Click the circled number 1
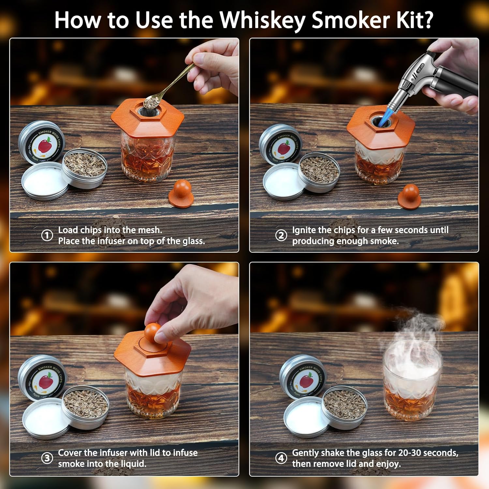(x=47, y=235)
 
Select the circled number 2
(x=281, y=235)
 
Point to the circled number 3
(x=47, y=458)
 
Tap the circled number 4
(x=281, y=458)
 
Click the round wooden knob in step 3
(x=153, y=332)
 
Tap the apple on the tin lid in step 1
(x=45, y=145)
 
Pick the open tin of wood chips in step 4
(x=344, y=404)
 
